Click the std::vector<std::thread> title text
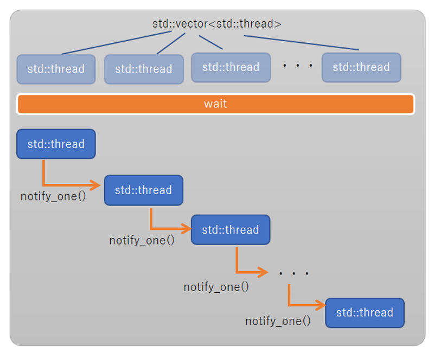[x=216, y=24]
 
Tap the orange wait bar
[x=215, y=104]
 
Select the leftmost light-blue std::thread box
[x=56, y=69]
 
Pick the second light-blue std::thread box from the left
[x=144, y=69]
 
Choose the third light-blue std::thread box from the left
[x=231, y=68]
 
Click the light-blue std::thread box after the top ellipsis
[x=361, y=68]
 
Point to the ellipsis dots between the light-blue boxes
[x=298, y=66]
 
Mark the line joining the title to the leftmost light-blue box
[x=117, y=43]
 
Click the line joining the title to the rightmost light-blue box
[x=301, y=43]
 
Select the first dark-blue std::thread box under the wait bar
[x=56, y=144]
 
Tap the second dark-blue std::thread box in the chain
[x=143, y=190]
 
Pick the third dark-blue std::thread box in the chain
[x=231, y=230]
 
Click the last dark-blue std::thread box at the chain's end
[x=365, y=313]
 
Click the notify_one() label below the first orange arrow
[x=53, y=196]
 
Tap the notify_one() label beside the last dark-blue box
[x=278, y=321]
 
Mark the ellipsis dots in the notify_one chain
[x=293, y=273]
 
